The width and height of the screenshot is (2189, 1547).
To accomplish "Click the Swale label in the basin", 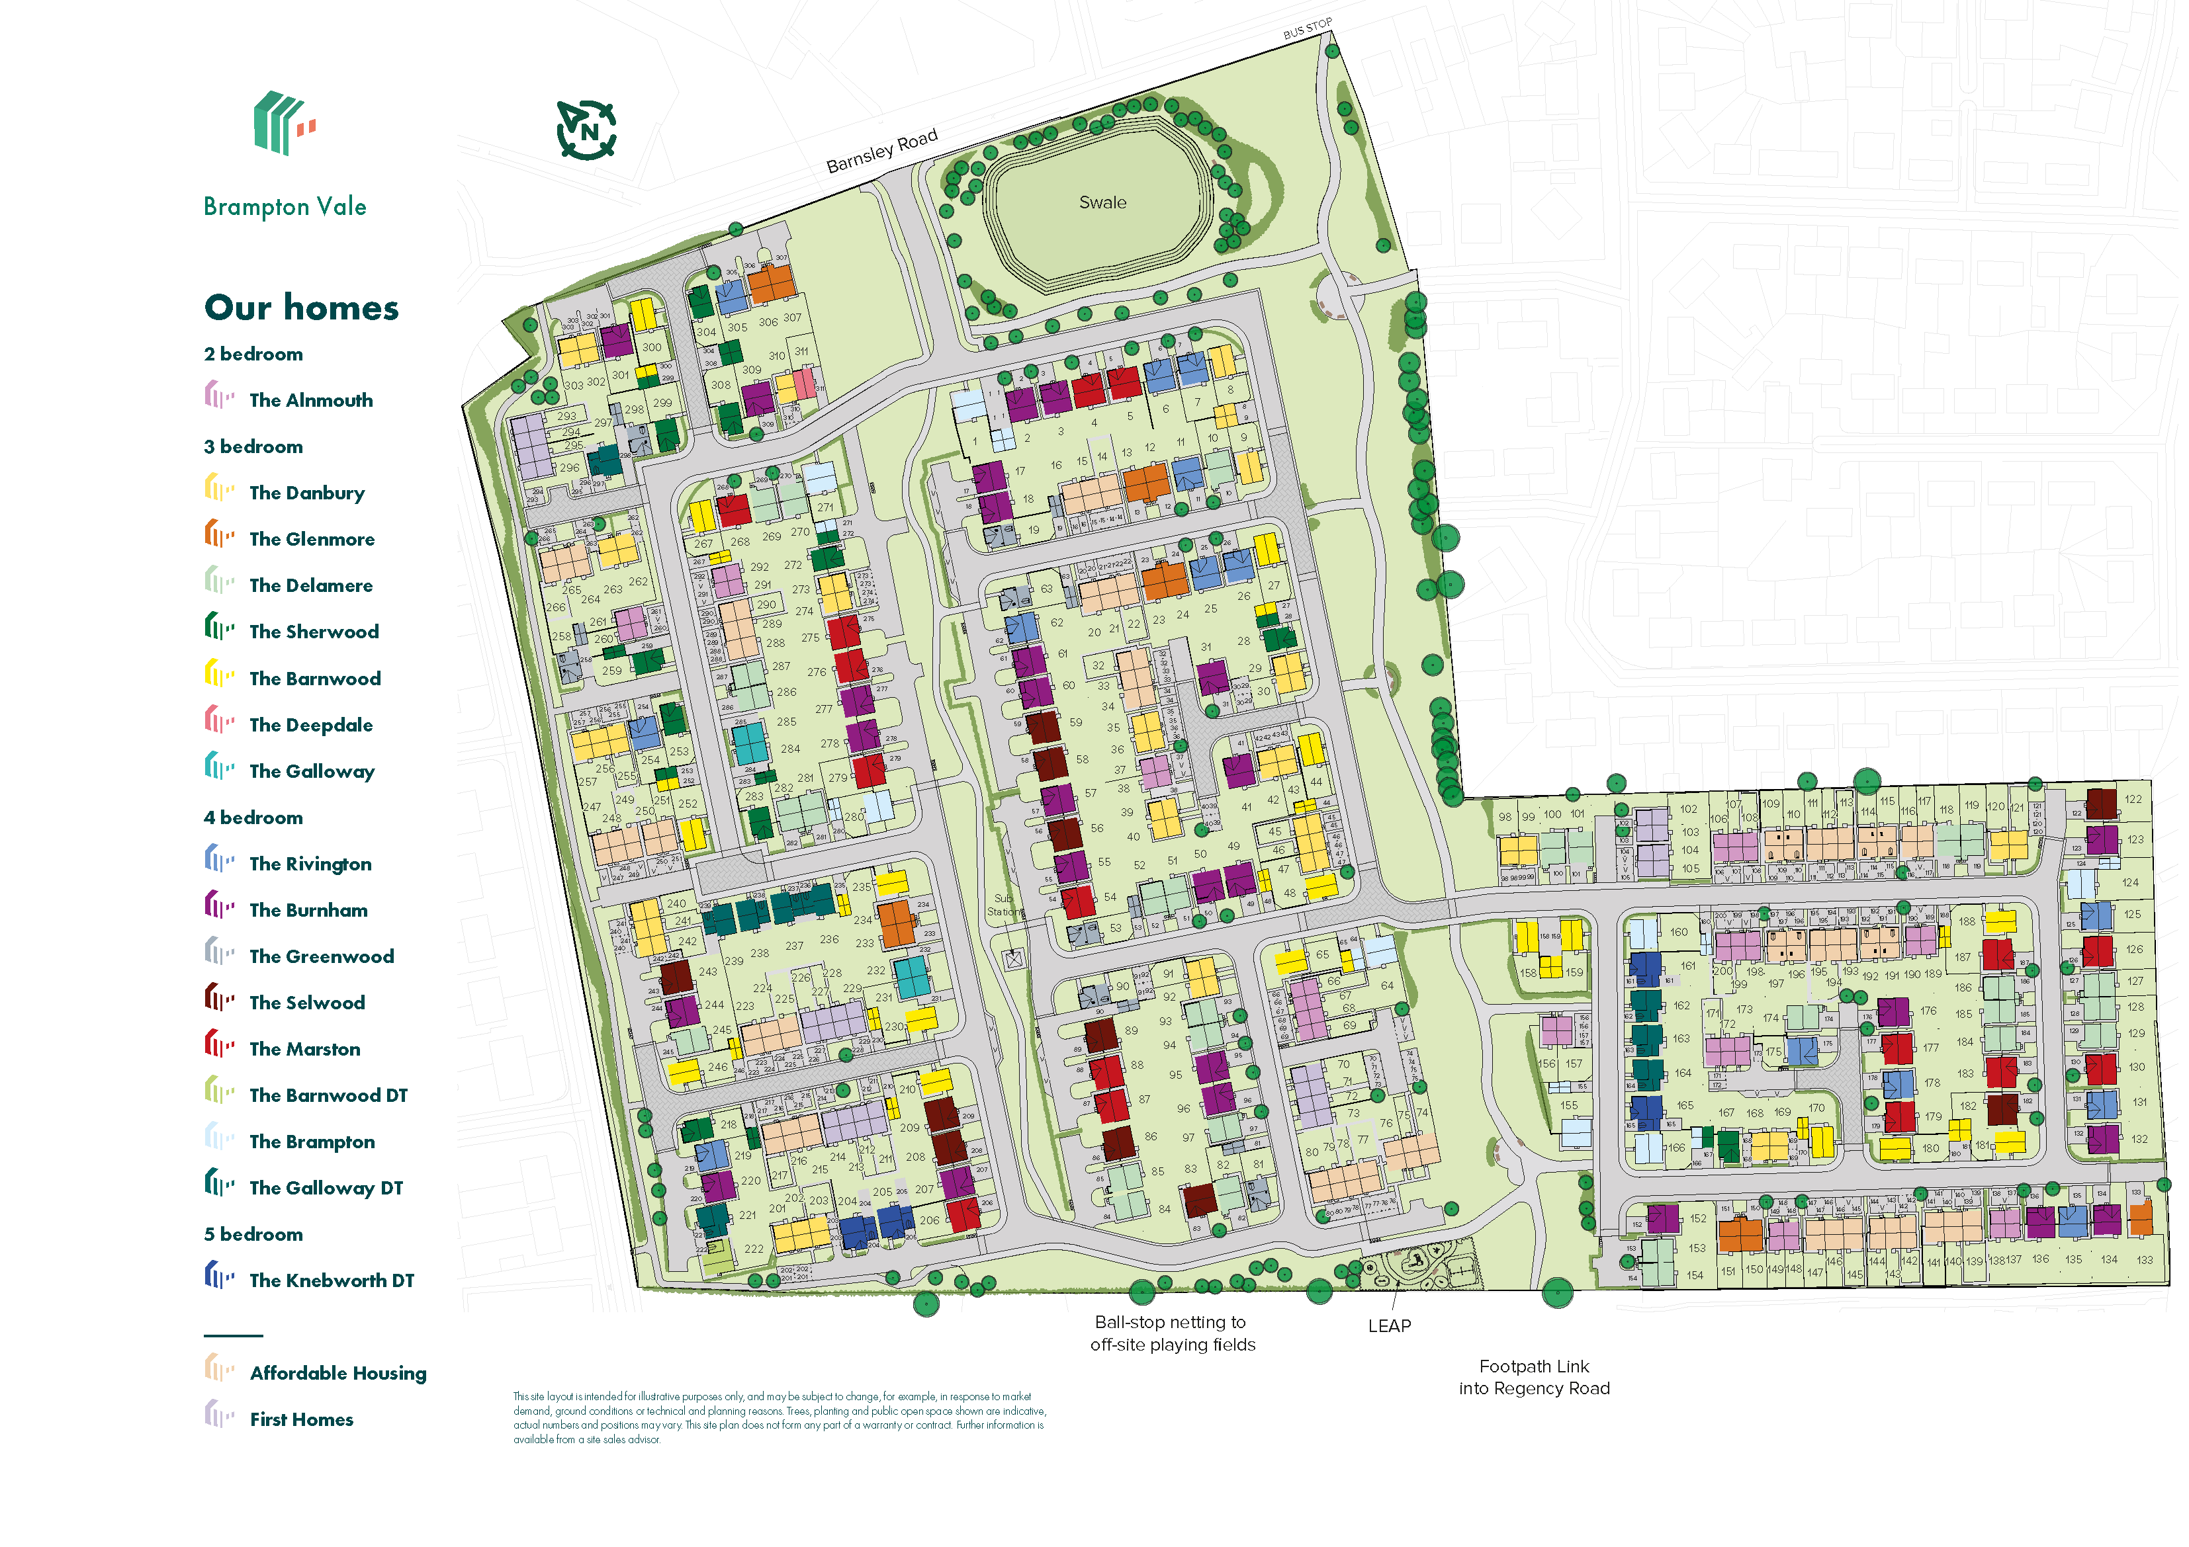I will pyautogui.click(x=1102, y=202).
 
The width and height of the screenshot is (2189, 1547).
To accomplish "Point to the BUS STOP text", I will pyautogui.click(x=1306, y=28).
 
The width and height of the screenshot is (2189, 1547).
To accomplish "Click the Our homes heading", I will pyautogui.click(x=301, y=308).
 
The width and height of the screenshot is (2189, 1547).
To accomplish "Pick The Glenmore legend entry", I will pyautogui.click(x=311, y=540).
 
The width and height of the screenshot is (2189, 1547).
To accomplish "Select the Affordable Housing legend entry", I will pyautogui.click(x=337, y=1374).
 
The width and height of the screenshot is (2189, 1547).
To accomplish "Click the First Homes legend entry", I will pyautogui.click(x=301, y=1420).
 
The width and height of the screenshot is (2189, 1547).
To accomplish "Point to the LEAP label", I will pyautogui.click(x=1389, y=1326).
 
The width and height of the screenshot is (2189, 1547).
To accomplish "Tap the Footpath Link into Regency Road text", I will pyautogui.click(x=1533, y=1377).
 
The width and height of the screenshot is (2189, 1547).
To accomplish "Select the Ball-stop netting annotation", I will pyautogui.click(x=1172, y=1333).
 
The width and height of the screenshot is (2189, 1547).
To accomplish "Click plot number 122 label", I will pyautogui.click(x=2133, y=800).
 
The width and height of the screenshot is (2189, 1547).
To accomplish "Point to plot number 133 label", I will pyautogui.click(x=2144, y=1260).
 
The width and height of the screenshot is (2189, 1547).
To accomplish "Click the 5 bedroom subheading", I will pyautogui.click(x=253, y=1234).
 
